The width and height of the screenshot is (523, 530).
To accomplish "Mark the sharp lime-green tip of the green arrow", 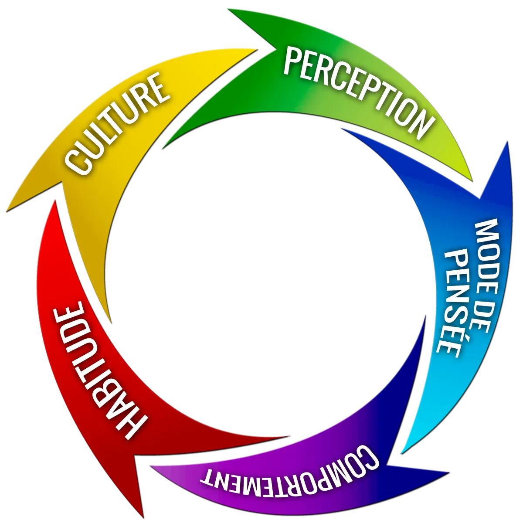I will [x=472, y=180].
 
